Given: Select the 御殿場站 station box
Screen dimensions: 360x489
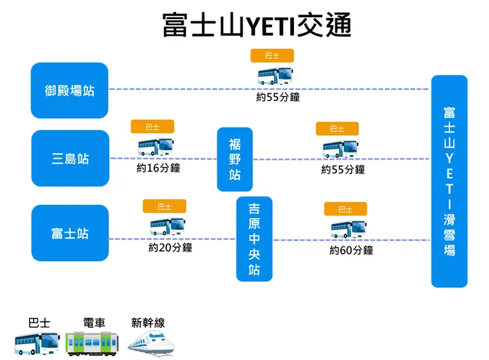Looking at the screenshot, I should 69,90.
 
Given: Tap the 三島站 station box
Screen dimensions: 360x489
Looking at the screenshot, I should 69,159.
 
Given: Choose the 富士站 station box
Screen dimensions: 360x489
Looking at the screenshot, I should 69,233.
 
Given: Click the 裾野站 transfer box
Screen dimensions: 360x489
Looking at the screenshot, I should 235,159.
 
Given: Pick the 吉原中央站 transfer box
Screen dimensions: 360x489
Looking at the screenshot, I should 254,239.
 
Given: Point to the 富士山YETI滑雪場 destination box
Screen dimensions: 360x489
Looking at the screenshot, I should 449,181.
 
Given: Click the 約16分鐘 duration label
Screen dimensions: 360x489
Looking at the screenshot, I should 158,168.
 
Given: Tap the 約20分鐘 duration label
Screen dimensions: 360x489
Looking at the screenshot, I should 170,248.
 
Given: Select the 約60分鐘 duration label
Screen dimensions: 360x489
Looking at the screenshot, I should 351,250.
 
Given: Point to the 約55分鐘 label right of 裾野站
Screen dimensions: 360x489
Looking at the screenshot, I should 343,170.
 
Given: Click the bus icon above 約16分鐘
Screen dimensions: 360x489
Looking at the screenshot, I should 156,147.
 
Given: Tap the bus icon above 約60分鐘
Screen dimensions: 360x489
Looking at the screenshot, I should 348,229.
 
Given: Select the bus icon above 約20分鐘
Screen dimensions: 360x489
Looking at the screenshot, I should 168,227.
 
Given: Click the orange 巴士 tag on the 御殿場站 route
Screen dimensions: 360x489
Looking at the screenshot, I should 272,55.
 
